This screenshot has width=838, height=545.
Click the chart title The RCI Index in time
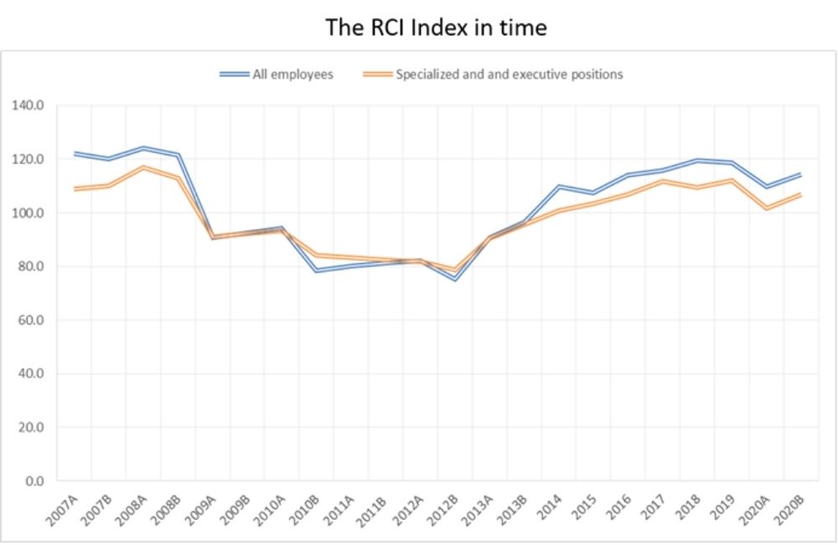(x=436, y=28)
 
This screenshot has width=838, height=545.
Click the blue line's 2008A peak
(x=144, y=148)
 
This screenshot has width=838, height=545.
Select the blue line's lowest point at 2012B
(x=455, y=279)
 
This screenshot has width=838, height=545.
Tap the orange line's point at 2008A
(x=144, y=168)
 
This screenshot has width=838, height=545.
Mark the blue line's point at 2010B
(x=317, y=271)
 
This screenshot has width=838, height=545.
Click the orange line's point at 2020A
(x=766, y=208)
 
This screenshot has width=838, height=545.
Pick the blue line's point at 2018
(x=697, y=160)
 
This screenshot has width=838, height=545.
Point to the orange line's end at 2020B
(x=800, y=195)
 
